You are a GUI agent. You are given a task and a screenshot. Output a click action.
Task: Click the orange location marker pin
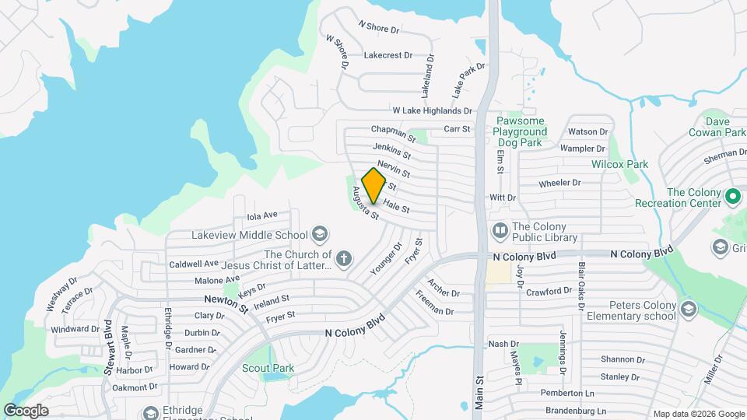pyautogui.click(x=374, y=185)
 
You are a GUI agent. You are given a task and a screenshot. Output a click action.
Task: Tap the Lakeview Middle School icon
pyautogui.click(x=318, y=234)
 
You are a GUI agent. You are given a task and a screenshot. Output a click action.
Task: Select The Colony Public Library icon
pyautogui.click(x=498, y=231)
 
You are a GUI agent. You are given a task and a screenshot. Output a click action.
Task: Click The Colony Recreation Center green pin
pyautogui.click(x=731, y=197)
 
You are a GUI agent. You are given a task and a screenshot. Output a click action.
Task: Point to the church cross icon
pyautogui.click(x=344, y=257)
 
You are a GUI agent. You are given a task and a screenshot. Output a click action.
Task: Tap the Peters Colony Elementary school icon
pyautogui.click(x=688, y=310)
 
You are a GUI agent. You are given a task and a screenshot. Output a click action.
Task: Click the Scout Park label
pyautogui.click(x=268, y=367)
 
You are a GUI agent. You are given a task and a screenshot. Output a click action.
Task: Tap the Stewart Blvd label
pyautogui.click(x=108, y=343)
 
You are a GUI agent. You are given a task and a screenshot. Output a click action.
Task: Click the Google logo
pyautogui.click(x=26, y=410)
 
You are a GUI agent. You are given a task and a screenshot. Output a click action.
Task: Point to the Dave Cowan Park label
pyautogui.click(x=725, y=127)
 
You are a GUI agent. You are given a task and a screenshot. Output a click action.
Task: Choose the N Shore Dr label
pyautogui.click(x=378, y=28)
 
